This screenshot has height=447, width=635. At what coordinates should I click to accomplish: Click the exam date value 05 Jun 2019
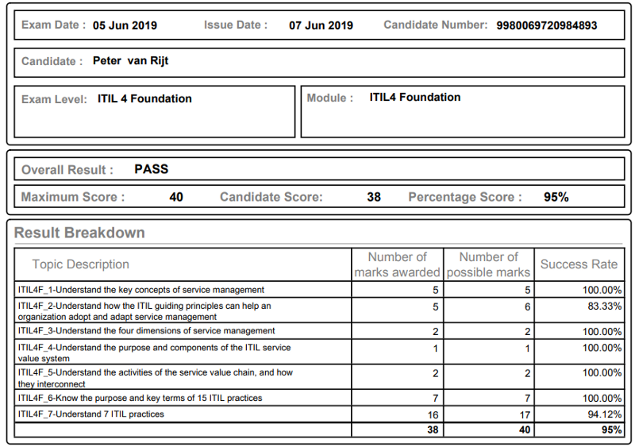(125, 25)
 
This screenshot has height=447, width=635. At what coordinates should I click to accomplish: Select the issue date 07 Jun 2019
(321, 25)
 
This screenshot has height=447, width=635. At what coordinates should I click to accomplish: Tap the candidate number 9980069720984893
(547, 25)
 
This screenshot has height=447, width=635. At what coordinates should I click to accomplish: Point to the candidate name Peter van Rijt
(130, 61)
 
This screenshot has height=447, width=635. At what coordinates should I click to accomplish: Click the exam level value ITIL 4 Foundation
(144, 99)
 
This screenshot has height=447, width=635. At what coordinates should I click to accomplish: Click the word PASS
(152, 169)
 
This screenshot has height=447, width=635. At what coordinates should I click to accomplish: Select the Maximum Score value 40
(176, 197)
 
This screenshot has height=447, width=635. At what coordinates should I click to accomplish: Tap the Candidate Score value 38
(374, 197)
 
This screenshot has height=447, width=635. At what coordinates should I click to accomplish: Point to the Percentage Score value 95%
(556, 197)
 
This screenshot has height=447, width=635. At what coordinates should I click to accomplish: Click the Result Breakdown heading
(79, 233)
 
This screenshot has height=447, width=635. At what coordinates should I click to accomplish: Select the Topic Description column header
(80, 264)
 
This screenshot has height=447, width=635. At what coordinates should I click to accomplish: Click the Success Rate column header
(579, 264)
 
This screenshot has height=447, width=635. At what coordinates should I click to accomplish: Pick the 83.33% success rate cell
(602, 306)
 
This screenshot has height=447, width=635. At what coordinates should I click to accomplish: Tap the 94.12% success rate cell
(602, 414)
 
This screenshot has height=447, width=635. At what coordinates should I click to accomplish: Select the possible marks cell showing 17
(523, 414)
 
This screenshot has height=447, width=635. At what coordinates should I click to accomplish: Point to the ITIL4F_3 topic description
(147, 331)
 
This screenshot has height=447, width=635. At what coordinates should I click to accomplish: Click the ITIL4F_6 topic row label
(140, 398)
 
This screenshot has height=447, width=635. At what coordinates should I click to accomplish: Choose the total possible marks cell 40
(522, 430)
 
